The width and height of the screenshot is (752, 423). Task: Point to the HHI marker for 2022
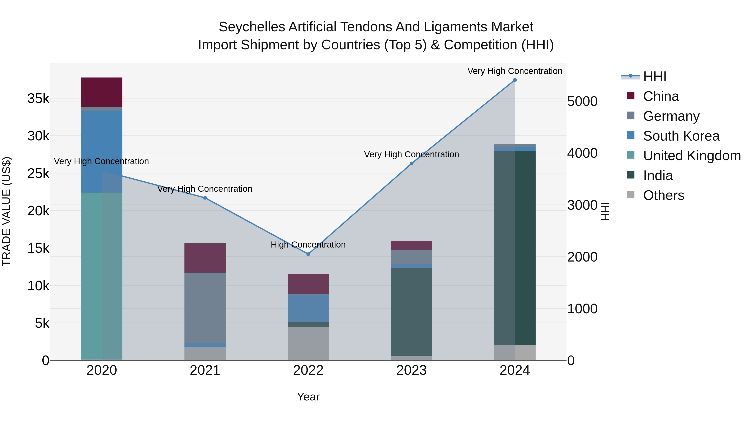[308, 254]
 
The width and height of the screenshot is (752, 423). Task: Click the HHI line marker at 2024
[515, 80]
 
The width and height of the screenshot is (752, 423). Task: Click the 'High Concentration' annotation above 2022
[308, 245]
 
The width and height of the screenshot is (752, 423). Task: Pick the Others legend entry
[663, 195]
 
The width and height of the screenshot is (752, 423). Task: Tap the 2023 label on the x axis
[411, 370]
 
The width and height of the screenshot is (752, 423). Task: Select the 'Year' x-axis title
[308, 397]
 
